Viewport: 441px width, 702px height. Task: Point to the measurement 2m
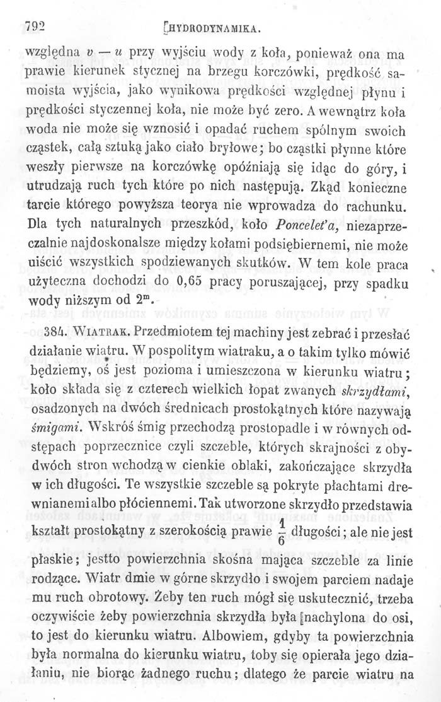[x=143, y=300]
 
